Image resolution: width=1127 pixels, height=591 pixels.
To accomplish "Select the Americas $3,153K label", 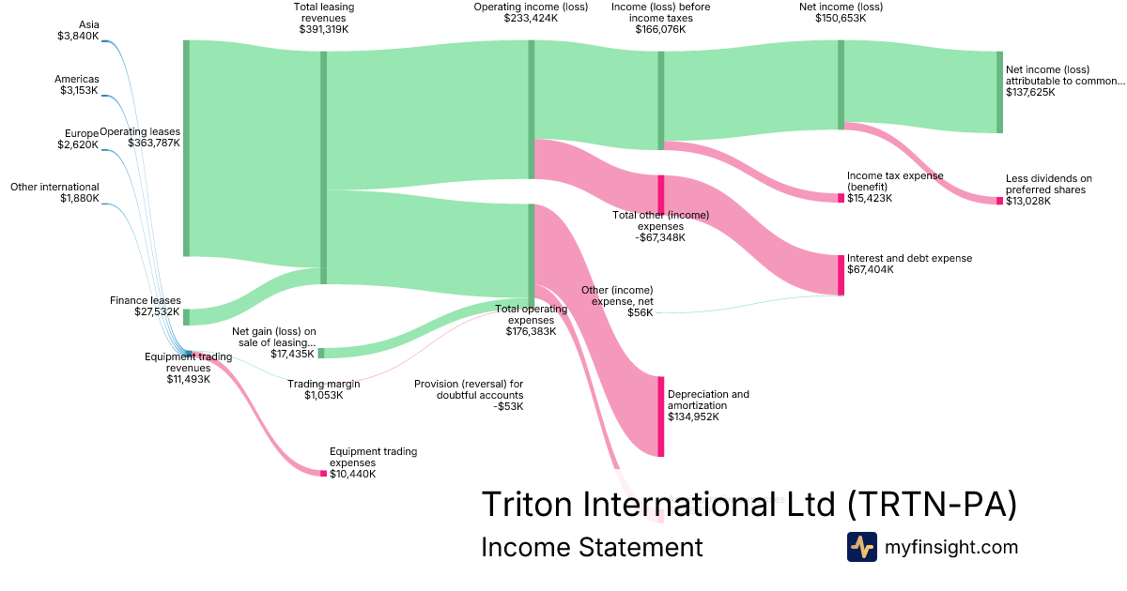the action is pos(77,84).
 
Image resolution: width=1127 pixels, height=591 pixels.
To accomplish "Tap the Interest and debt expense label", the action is pos(909,264).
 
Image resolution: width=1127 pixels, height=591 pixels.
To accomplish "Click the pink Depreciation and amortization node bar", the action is pos(661,417).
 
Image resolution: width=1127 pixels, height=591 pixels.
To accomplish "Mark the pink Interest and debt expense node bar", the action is pos(841,275).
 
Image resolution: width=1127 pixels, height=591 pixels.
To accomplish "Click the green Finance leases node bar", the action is pos(186,317).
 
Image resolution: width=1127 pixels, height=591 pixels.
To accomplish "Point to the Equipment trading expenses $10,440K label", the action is pos(373,462).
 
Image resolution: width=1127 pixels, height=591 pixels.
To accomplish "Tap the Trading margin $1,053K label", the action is pos(323,389).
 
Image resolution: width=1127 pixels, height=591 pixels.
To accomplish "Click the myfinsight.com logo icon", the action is pos(861,547).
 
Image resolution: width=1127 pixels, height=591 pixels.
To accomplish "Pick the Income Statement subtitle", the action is pos(591,547).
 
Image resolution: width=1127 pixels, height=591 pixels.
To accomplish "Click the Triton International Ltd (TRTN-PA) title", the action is pos(749,504).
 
